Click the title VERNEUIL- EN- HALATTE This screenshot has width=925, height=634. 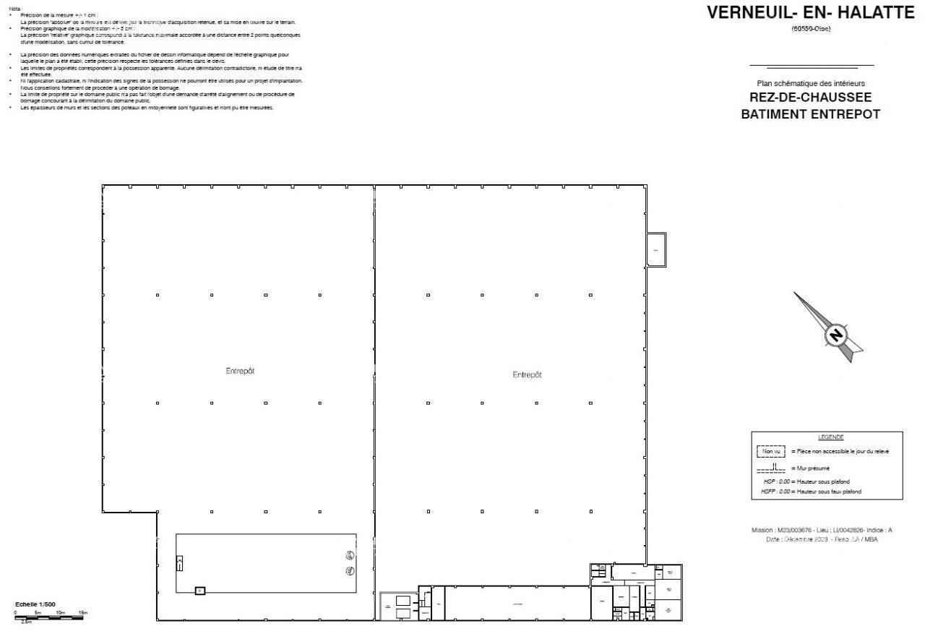click(810, 13)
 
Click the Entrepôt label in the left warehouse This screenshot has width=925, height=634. click(240, 371)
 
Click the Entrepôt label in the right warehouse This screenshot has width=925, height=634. click(527, 374)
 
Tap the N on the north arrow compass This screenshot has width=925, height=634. click(836, 335)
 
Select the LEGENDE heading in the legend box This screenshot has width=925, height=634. click(830, 437)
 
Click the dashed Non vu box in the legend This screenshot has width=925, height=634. click(771, 452)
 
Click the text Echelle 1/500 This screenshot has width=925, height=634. click(35, 604)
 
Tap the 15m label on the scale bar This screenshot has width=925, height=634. click(82, 612)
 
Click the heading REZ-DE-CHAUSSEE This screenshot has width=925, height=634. click(810, 98)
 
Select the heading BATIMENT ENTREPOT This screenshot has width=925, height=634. click(810, 114)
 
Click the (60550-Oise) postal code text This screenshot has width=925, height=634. click(810, 29)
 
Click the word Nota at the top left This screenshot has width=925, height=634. click(14, 8)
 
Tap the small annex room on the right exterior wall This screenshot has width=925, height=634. click(656, 249)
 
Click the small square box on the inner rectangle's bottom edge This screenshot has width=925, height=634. click(200, 591)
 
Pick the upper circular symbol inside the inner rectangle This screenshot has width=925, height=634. click(350, 555)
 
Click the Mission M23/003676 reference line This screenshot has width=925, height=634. click(822, 530)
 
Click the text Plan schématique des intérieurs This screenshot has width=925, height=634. click(810, 83)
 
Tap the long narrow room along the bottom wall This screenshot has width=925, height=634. click(517, 603)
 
